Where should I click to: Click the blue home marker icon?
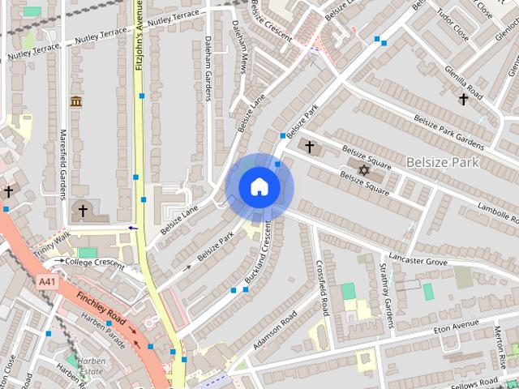click(x=259, y=187)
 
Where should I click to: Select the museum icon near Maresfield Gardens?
click(x=76, y=101)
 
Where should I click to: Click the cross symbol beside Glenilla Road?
click(x=463, y=99)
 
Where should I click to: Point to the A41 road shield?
click(x=48, y=281)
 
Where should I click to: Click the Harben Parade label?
click(x=103, y=328)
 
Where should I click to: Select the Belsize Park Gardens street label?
click(x=448, y=130)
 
